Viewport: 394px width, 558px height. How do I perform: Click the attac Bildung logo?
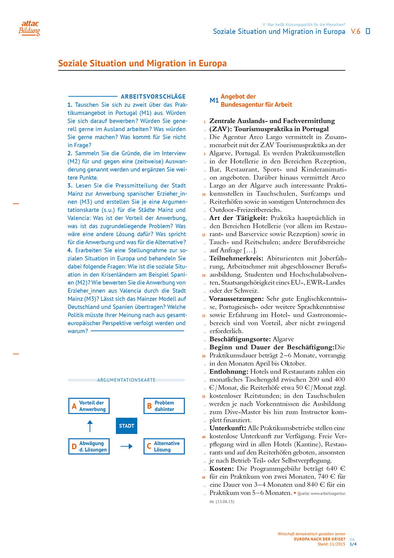[29, 28]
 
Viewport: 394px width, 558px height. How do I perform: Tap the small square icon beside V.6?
[368, 31]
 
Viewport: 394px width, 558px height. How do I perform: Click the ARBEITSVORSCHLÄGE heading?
[153, 97]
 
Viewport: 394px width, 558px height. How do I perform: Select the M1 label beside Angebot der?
[214, 100]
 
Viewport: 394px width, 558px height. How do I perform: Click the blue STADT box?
[126, 426]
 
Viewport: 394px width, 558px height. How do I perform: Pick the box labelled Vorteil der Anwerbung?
[89, 406]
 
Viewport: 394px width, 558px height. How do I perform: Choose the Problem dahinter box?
[164, 406]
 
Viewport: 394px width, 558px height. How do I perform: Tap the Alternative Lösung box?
[164, 446]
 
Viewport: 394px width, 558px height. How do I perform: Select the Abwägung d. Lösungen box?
[89, 446]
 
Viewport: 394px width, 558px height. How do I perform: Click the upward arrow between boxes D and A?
[90, 426]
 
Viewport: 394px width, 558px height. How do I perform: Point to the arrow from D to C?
[127, 446]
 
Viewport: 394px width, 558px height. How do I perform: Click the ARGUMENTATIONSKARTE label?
[126, 380]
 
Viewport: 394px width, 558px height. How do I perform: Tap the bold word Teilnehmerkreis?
[236, 259]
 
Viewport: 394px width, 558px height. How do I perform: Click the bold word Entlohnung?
[229, 372]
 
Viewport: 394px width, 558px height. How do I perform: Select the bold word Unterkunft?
[227, 428]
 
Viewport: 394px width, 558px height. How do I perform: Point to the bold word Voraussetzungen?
[236, 299]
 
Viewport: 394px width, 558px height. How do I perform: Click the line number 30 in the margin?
[204, 356]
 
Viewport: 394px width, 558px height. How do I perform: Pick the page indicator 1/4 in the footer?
[353, 544]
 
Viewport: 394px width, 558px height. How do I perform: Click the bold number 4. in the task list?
[70, 250]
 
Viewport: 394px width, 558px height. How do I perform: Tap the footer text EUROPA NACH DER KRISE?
[319, 539]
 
